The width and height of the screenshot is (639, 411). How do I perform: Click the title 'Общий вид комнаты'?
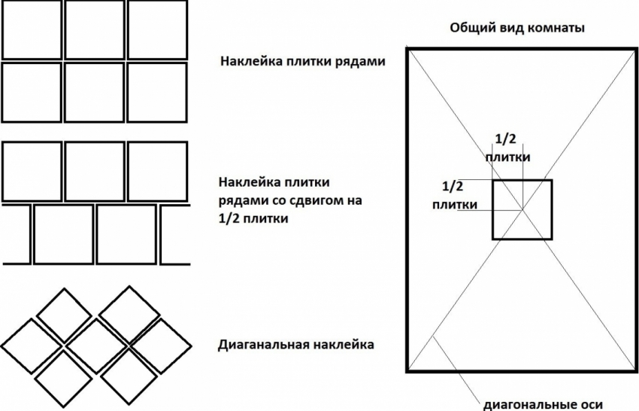(x=517, y=28)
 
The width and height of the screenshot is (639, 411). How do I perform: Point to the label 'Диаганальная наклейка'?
(x=295, y=346)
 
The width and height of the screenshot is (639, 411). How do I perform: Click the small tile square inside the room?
(x=522, y=209)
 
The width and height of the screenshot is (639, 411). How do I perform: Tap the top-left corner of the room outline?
(x=408, y=48)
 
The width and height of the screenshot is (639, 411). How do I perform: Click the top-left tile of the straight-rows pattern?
(x=32, y=29)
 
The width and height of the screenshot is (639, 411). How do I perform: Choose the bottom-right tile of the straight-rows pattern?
(x=157, y=93)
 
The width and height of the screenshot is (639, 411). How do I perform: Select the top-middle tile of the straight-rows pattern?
(x=94, y=29)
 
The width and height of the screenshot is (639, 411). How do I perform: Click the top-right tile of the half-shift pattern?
(x=157, y=171)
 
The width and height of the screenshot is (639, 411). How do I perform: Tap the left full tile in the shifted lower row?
(x=63, y=234)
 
